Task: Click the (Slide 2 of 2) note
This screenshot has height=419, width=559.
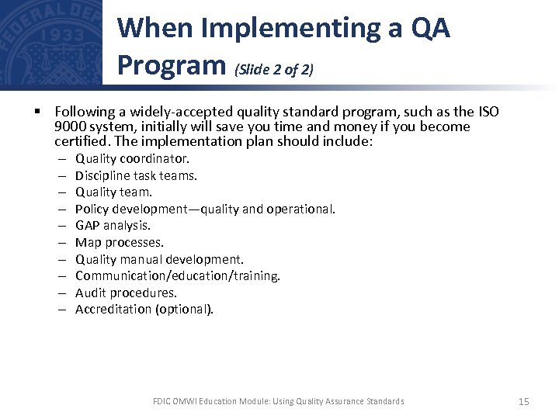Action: tap(273, 70)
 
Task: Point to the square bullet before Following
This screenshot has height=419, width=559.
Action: tap(37, 111)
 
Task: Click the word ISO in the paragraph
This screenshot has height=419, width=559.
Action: tap(488, 111)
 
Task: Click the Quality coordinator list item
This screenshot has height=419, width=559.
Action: tap(132, 159)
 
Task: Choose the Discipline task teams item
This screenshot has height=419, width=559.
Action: tap(136, 175)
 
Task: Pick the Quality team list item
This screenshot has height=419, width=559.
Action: tap(113, 192)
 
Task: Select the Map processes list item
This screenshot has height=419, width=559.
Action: tap(120, 242)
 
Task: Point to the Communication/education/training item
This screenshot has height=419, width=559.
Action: tap(178, 275)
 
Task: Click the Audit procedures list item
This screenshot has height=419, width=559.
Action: tap(126, 293)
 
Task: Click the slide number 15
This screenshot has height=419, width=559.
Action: tap(523, 401)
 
